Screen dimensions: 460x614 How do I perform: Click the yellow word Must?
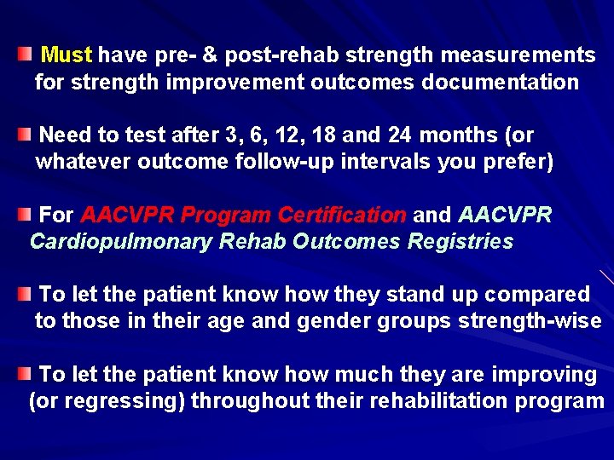(66, 56)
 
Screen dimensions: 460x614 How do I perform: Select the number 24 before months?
(399, 135)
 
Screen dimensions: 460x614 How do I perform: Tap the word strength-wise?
(530, 321)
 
